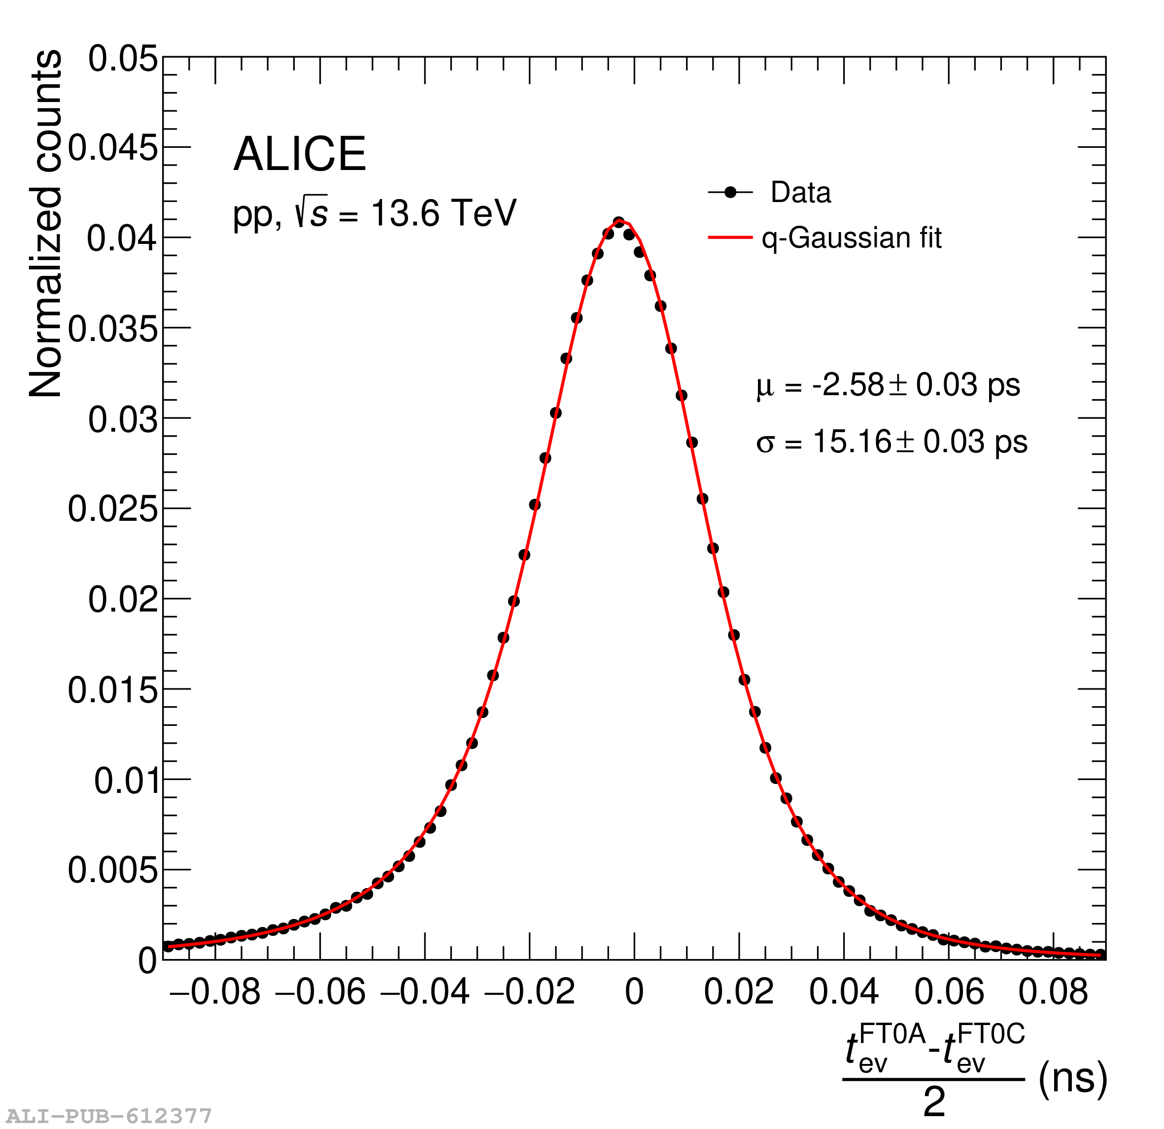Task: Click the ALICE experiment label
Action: point(300,154)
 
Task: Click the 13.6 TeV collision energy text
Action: point(443,213)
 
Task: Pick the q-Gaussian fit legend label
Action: point(852,238)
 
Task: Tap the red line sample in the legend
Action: point(730,238)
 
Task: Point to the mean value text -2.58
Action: point(848,385)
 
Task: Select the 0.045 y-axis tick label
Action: point(113,148)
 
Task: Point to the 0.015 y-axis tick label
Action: point(113,690)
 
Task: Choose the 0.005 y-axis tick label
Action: point(113,870)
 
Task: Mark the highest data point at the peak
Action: point(619,222)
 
